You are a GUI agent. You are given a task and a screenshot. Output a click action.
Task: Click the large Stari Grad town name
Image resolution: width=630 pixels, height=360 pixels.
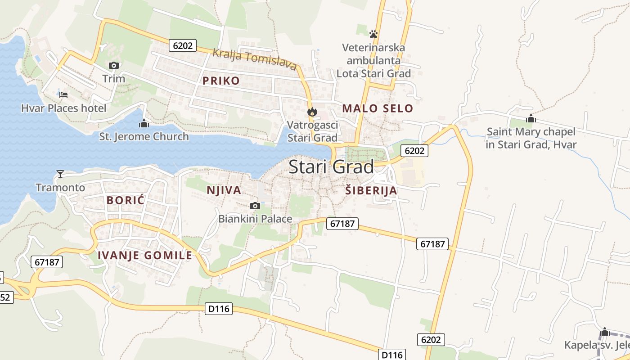tap(331, 167)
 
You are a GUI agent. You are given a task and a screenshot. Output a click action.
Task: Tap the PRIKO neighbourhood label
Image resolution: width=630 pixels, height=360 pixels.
tap(221, 81)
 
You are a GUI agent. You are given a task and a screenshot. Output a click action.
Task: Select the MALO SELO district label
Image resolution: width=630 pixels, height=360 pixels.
tap(378, 108)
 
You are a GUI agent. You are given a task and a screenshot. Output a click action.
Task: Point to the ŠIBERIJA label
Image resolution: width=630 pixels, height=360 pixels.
tap(371, 190)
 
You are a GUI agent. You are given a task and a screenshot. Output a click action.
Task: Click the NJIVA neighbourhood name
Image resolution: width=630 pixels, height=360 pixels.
tap(224, 190)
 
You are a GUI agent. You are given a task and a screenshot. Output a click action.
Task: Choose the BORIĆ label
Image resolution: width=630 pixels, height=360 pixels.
tap(126, 201)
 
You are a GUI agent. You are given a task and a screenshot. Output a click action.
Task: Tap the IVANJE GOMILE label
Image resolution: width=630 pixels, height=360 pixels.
tap(145, 256)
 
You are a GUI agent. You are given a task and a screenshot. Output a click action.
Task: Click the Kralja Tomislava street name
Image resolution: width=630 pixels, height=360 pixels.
tap(254, 59)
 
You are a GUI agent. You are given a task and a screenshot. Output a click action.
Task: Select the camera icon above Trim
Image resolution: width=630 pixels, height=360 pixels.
tap(113, 66)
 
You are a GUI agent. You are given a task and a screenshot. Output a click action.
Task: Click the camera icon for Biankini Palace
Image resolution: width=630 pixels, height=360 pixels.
tap(255, 206)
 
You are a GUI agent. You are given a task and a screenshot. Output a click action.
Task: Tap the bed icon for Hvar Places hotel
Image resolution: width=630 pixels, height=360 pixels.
tap(63, 95)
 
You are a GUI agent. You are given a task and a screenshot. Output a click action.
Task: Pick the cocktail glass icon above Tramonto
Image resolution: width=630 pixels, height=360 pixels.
tap(60, 174)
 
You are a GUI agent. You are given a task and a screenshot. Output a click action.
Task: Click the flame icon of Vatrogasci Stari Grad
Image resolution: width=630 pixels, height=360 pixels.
tap(312, 112)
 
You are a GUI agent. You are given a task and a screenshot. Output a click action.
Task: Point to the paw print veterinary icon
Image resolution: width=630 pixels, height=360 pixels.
tap(373, 34)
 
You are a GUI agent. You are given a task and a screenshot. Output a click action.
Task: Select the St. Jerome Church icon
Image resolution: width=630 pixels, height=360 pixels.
tap(144, 123)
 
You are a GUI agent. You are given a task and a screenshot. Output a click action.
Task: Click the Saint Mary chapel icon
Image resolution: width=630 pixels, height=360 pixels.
tap(531, 118)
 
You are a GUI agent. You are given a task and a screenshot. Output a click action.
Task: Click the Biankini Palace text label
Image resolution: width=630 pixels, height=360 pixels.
tap(255, 219)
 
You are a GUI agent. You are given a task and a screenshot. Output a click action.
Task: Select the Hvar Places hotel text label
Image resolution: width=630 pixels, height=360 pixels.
tap(64, 108)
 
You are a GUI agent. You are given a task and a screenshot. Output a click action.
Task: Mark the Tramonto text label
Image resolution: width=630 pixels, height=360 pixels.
tap(60, 188)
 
